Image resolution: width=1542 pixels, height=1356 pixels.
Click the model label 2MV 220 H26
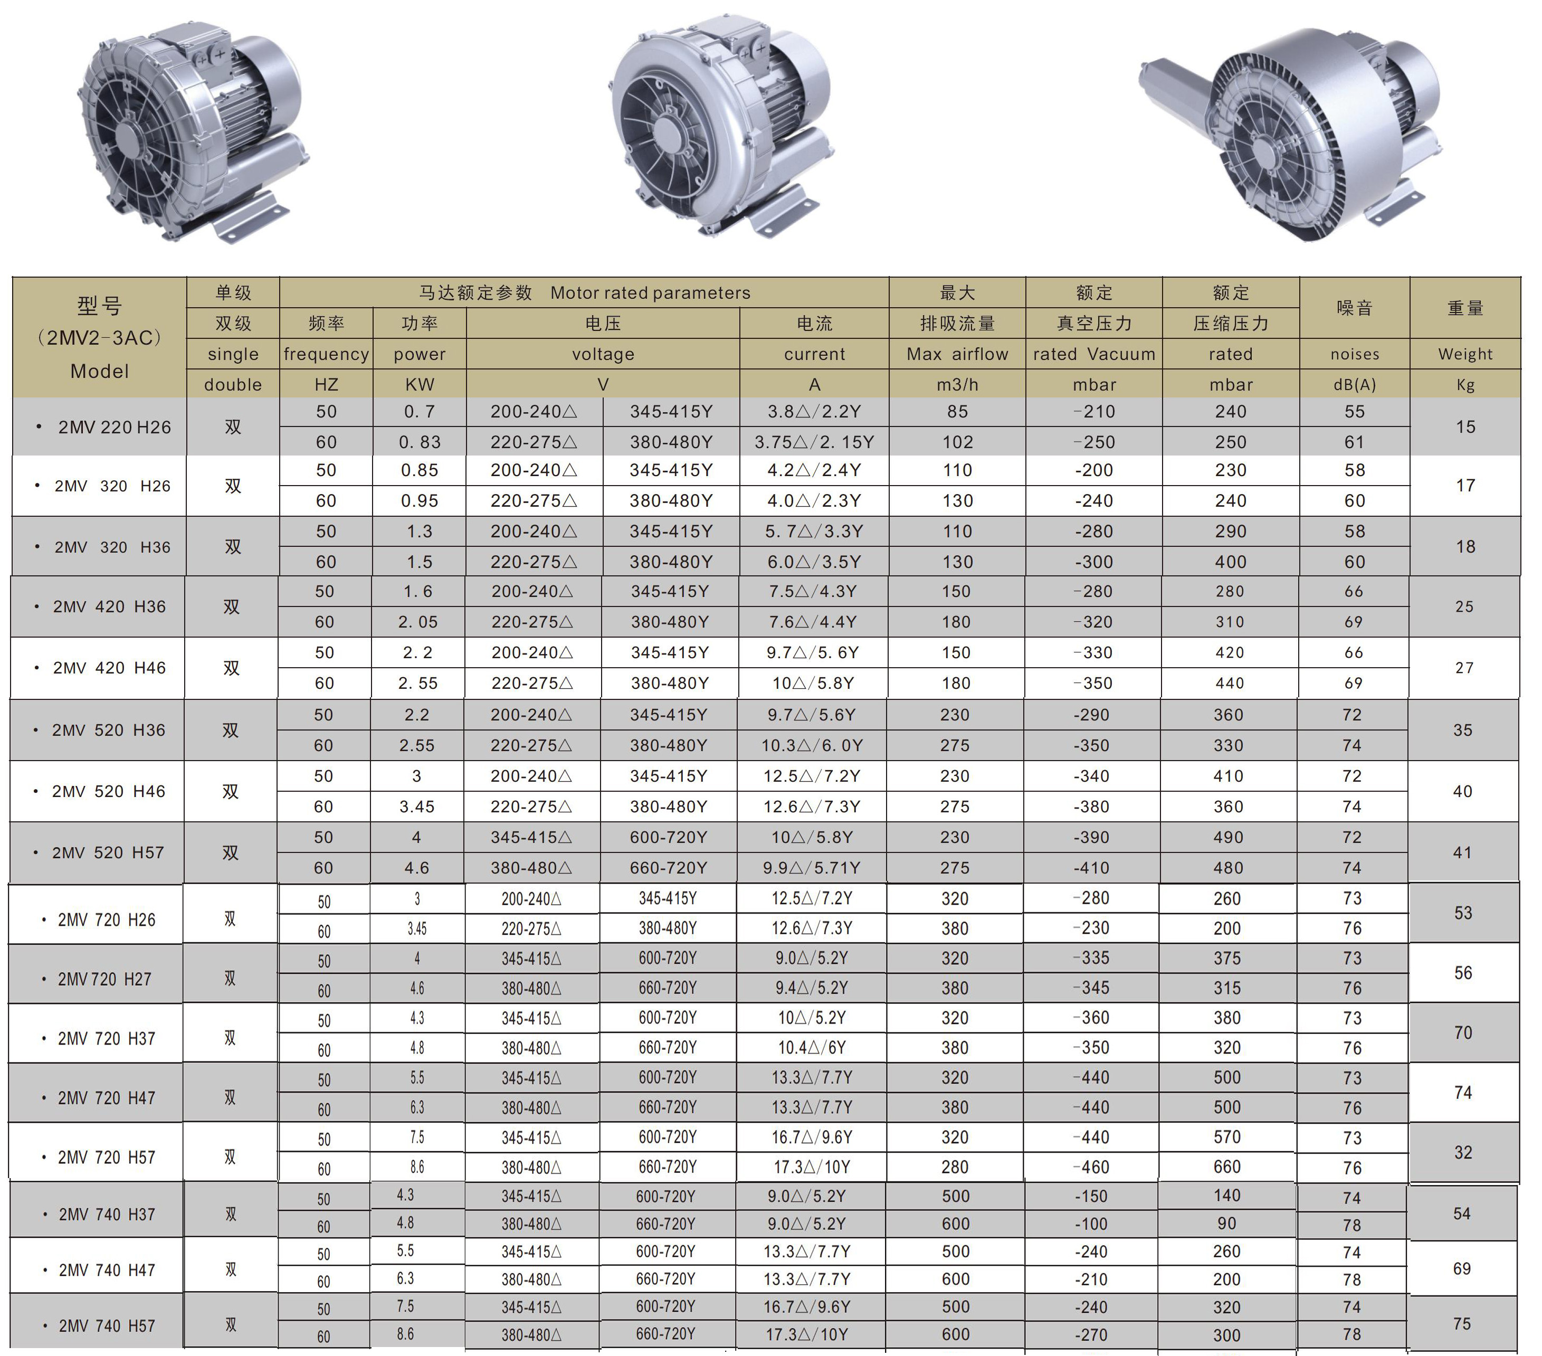(115, 427)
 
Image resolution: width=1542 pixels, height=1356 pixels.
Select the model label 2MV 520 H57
(108, 852)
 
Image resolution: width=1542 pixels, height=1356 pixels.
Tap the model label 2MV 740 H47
(107, 1270)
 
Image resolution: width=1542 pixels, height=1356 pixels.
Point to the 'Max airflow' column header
(957, 354)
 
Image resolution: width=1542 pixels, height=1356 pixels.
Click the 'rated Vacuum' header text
(1094, 354)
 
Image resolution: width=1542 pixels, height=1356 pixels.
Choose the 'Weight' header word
(1465, 354)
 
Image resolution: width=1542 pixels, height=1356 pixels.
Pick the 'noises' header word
(1355, 354)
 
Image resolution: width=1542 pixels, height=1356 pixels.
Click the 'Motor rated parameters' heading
(650, 293)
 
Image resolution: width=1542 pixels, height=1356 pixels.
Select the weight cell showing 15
(1465, 427)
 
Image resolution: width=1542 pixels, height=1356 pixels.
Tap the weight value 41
(1462, 852)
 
